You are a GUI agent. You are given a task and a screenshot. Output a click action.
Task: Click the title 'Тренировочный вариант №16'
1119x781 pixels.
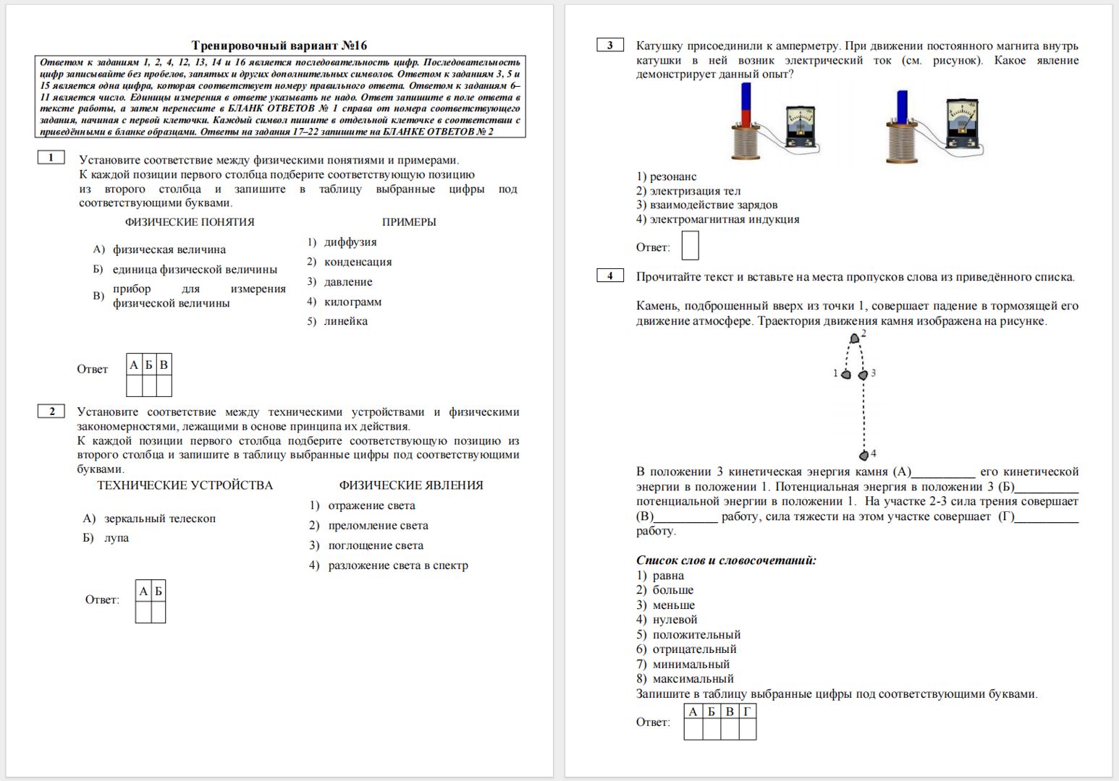click(279, 46)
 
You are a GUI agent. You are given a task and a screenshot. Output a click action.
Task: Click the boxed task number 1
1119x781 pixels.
click(51, 158)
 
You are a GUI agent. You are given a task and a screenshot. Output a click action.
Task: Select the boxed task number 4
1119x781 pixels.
click(609, 276)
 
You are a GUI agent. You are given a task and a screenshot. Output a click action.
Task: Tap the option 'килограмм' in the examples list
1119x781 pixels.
click(352, 302)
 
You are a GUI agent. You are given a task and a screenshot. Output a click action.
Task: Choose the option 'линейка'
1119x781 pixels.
click(345, 321)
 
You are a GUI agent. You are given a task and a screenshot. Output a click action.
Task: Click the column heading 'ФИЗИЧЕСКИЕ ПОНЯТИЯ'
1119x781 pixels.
click(190, 222)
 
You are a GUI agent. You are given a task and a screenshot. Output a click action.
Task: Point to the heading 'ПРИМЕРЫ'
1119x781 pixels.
click(409, 222)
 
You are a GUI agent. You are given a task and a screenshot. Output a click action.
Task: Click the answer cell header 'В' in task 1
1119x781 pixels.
click(164, 364)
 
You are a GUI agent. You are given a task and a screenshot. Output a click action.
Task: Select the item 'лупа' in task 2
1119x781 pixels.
click(117, 538)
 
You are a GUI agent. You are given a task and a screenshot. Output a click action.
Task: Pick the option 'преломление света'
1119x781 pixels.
click(378, 526)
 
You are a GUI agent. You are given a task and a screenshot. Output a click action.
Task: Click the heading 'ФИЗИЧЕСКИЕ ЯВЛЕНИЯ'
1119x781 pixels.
click(411, 485)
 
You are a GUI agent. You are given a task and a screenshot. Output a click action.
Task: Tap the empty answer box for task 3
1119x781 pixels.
click(690, 245)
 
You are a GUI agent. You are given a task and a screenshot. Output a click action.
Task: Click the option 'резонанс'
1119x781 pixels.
click(673, 176)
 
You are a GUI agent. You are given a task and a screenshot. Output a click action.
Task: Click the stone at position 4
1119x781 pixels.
click(863, 456)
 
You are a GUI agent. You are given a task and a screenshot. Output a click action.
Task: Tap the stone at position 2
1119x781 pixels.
click(855, 338)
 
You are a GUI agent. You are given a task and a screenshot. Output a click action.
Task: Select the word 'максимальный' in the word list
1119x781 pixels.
click(693, 679)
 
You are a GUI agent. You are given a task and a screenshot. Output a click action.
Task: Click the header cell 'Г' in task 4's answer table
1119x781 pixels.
click(747, 712)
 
